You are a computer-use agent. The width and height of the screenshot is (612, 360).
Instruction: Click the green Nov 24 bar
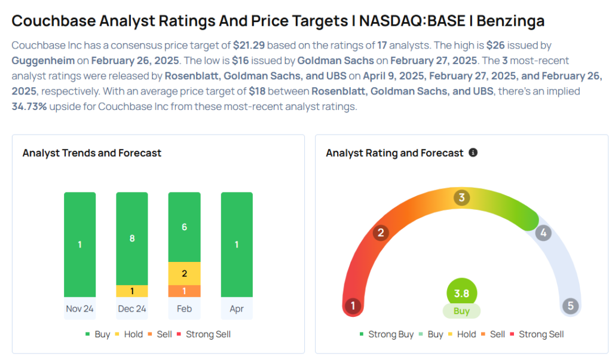79,244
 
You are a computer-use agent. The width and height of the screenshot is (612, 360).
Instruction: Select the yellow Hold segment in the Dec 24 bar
131,291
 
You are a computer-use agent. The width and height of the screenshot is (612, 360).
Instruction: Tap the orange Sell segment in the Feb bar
184,291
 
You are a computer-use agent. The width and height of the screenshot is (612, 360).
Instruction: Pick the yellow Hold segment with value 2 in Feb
184,273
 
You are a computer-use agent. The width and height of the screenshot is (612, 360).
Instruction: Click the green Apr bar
237,244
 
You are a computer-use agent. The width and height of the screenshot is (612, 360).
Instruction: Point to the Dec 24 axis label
131,309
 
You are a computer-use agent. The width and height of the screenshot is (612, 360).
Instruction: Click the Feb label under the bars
184,309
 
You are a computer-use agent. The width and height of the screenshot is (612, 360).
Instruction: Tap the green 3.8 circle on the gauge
461,294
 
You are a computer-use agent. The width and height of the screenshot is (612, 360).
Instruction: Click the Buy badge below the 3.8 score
461,311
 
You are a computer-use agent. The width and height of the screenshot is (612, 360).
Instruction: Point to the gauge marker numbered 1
353,306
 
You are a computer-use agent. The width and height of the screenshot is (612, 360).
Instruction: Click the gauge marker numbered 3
461,197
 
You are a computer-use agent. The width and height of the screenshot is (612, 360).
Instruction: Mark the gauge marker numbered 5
570,306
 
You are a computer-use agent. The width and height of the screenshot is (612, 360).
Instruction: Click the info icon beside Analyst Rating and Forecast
473,152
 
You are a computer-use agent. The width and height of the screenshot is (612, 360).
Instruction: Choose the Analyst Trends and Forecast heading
92,153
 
